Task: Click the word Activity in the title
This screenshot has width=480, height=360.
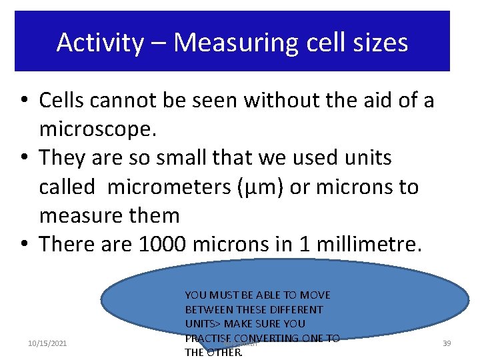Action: coord(99,43)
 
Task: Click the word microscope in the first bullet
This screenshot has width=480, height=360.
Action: coord(97,129)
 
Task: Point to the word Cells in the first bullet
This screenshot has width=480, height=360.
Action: coord(62,100)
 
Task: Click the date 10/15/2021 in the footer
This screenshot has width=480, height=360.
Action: coord(47,343)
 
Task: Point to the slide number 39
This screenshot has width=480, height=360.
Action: coord(447,343)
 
